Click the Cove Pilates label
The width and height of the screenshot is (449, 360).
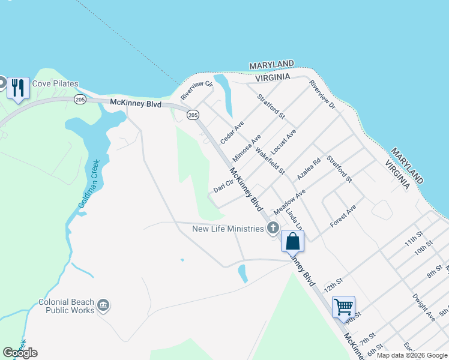pyautogui.click(x=55, y=84)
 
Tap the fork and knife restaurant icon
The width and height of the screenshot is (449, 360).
pyautogui.click(x=18, y=88)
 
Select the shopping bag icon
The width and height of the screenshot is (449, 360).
pyautogui.click(x=292, y=241)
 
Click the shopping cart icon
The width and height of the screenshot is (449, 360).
pyautogui.click(x=343, y=307)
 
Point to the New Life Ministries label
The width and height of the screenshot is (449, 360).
pyautogui.click(x=228, y=229)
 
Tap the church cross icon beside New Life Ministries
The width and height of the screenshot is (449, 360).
pyautogui.click(x=273, y=227)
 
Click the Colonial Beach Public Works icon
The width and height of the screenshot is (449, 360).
pyautogui.click(x=104, y=306)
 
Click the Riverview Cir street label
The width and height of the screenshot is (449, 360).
pyautogui.click(x=197, y=91)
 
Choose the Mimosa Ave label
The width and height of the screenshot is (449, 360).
pyautogui.click(x=247, y=148)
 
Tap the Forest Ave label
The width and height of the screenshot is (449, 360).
pyautogui.click(x=343, y=216)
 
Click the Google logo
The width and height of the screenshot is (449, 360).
pyautogui.click(x=20, y=353)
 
